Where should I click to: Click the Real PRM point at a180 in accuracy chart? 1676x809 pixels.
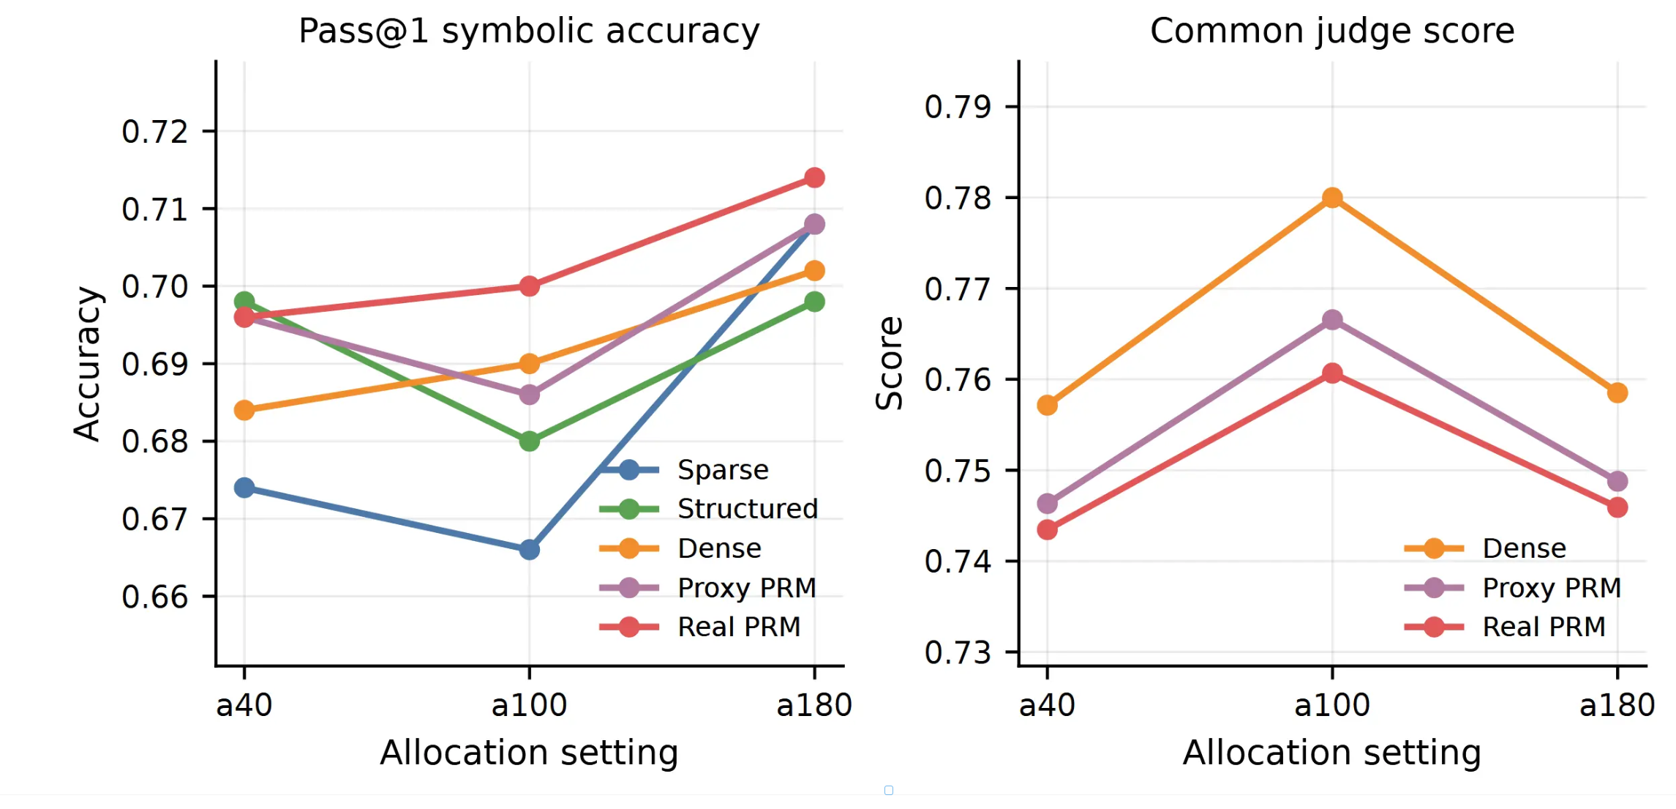(814, 178)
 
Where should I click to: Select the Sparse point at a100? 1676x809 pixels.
(530, 549)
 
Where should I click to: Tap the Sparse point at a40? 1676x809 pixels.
(244, 488)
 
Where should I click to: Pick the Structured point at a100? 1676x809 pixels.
(530, 441)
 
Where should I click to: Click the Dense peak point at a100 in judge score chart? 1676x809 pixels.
(1332, 198)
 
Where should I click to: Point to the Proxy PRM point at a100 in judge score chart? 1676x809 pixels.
(1332, 320)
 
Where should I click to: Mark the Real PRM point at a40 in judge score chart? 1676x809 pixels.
(1047, 529)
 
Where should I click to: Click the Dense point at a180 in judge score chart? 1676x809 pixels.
(1617, 393)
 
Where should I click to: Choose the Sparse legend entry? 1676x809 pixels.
(684, 470)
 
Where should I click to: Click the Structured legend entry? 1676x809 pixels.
(708, 509)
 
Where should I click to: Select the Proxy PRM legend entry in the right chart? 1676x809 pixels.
(1513, 588)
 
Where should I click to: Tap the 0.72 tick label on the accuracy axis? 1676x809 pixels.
(155, 132)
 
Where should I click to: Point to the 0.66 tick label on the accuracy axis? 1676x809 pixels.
(155, 597)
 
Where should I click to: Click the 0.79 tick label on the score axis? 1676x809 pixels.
(958, 107)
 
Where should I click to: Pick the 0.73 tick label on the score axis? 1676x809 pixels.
(958, 652)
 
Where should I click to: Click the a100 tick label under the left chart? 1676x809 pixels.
(530, 706)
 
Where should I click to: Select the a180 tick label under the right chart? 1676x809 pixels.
(1617, 706)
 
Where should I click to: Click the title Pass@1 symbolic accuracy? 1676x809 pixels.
(530, 31)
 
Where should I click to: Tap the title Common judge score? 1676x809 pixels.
(1332, 31)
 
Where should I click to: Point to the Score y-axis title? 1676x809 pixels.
(890, 363)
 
